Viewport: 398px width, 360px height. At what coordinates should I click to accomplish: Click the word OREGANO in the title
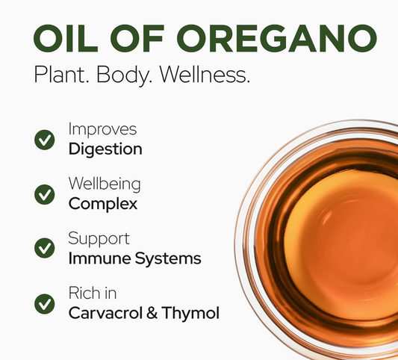pyautogui.click(x=277, y=38)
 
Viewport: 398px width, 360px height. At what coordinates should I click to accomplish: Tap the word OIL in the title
pyautogui.click(x=66, y=38)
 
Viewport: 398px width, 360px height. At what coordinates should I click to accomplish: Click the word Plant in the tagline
pyautogui.click(x=62, y=75)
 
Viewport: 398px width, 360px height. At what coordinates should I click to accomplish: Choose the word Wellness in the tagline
pyautogui.click(x=205, y=75)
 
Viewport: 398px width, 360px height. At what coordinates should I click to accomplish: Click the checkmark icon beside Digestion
pyautogui.click(x=44, y=140)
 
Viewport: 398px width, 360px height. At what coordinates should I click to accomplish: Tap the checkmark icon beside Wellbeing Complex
pyautogui.click(x=44, y=194)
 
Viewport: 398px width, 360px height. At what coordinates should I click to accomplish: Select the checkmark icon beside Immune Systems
pyautogui.click(x=44, y=248)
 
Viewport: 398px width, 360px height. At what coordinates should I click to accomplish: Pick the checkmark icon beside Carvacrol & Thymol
pyautogui.click(x=44, y=304)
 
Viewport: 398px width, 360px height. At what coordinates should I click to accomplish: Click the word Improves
pyautogui.click(x=102, y=129)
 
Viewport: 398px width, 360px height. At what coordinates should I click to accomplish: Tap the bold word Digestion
pyautogui.click(x=105, y=149)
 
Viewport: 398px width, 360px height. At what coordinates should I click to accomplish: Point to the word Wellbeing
pyautogui.click(x=105, y=184)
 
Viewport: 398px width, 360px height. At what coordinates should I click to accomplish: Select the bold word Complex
pyautogui.click(x=103, y=205)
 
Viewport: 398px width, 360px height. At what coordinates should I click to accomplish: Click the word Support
pyautogui.click(x=99, y=239)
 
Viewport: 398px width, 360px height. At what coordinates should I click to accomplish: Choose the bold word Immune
pyautogui.click(x=100, y=258)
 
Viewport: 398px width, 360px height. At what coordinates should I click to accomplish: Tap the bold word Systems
pyautogui.click(x=168, y=259)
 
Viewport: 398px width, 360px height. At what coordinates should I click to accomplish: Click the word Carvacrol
pyautogui.click(x=105, y=313)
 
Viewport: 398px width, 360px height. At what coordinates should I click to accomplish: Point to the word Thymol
pyautogui.click(x=190, y=313)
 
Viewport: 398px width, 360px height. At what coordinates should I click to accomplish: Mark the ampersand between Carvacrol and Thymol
pyautogui.click(x=152, y=313)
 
